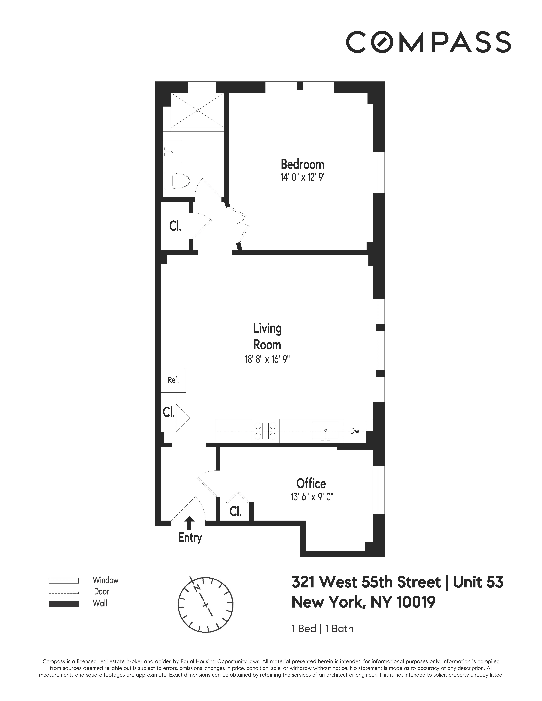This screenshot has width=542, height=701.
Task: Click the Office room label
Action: pyautogui.click(x=311, y=483)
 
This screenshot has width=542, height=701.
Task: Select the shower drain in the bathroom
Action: pyautogui.click(x=197, y=110)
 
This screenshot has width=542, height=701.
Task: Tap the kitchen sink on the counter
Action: pyautogui.click(x=326, y=430)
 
